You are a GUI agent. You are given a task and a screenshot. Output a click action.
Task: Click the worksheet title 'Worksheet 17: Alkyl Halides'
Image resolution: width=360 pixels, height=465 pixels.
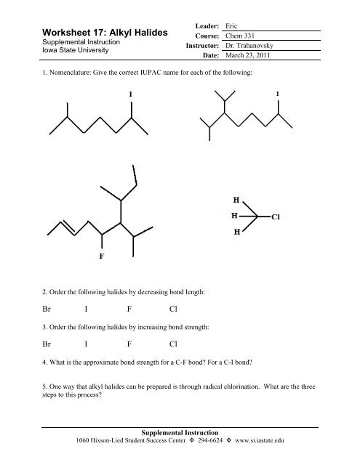click(x=105, y=33)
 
